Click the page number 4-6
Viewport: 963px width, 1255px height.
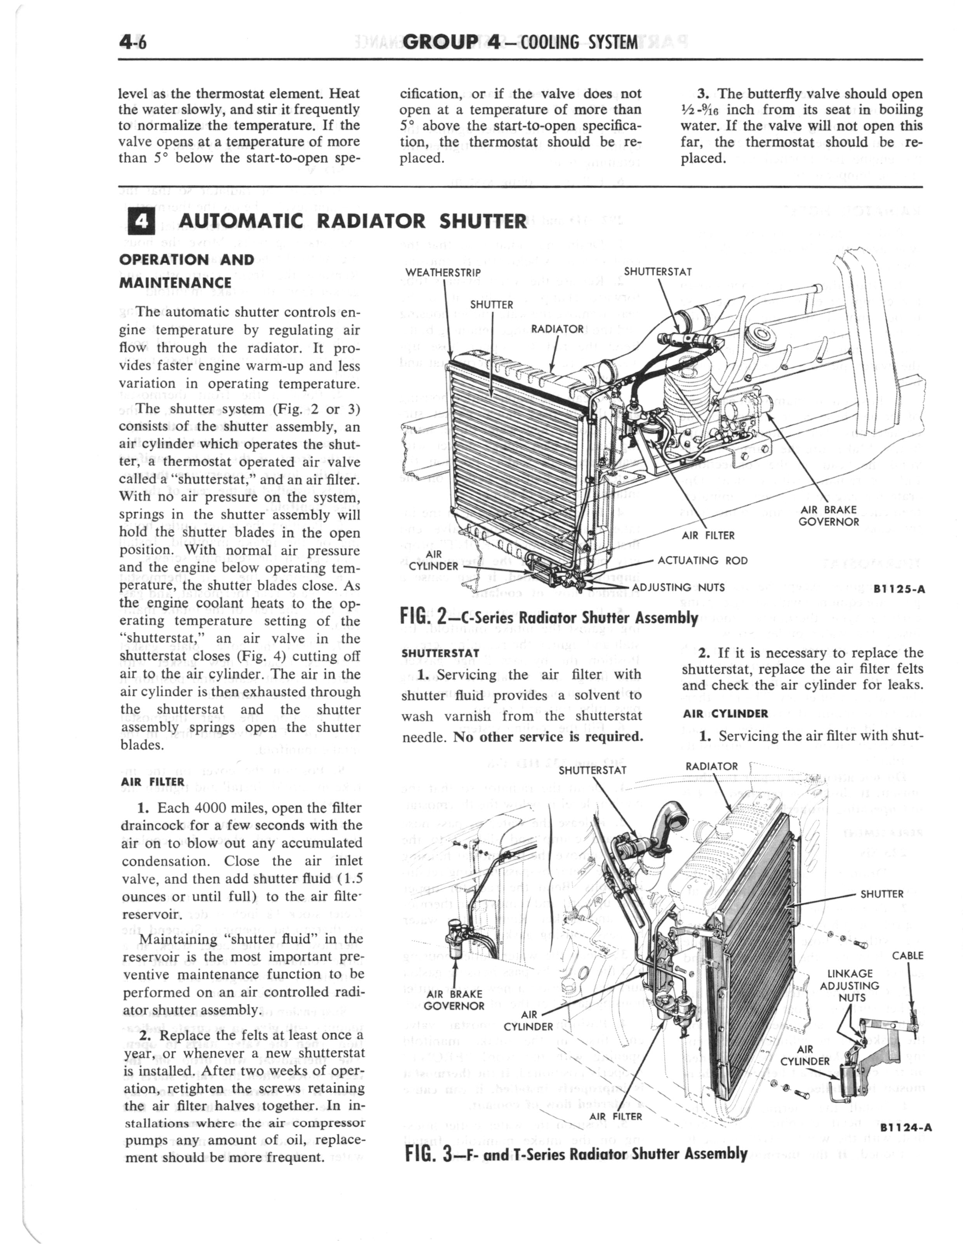coord(133,43)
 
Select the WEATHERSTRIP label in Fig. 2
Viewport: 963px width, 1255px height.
coord(443,272)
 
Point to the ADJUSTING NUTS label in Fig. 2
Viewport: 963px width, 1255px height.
coord(678,587)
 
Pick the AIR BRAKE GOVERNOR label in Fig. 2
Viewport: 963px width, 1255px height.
coord(829,516)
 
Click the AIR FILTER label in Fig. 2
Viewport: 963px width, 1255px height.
coord(708,535)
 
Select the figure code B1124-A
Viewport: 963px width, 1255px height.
coord(904,1128)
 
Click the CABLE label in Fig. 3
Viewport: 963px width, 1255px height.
coord(907,955)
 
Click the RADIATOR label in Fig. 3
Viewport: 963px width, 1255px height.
coord(711,766)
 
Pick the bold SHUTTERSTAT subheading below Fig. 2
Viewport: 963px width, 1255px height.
coord(440,653)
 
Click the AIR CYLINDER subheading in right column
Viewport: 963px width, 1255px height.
coord(725,714)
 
